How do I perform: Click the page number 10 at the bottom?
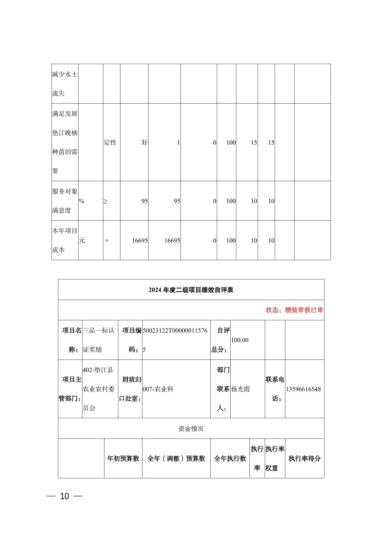[64, 496]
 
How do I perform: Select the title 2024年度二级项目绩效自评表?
[191, 290]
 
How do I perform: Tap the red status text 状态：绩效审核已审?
[294, 310]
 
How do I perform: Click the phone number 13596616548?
[303, 389]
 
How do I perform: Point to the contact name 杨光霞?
[241, 389]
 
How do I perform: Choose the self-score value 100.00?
[240, 340]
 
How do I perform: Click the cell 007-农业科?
[158, 389]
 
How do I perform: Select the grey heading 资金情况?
[191, 429]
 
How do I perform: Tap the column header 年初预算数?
[123, 459]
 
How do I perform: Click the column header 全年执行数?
[230, 459]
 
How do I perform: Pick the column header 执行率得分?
[305, 459]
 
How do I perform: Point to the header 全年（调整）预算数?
[176, 459]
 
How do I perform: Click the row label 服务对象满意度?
[65, 201]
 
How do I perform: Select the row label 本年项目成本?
[65, 240]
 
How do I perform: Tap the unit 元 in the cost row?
[82, 241]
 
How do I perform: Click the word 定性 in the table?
[110, 142]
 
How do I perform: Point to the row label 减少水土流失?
[65, 84]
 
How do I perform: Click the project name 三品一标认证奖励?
[98, 340]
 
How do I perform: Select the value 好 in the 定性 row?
[145, 142]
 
